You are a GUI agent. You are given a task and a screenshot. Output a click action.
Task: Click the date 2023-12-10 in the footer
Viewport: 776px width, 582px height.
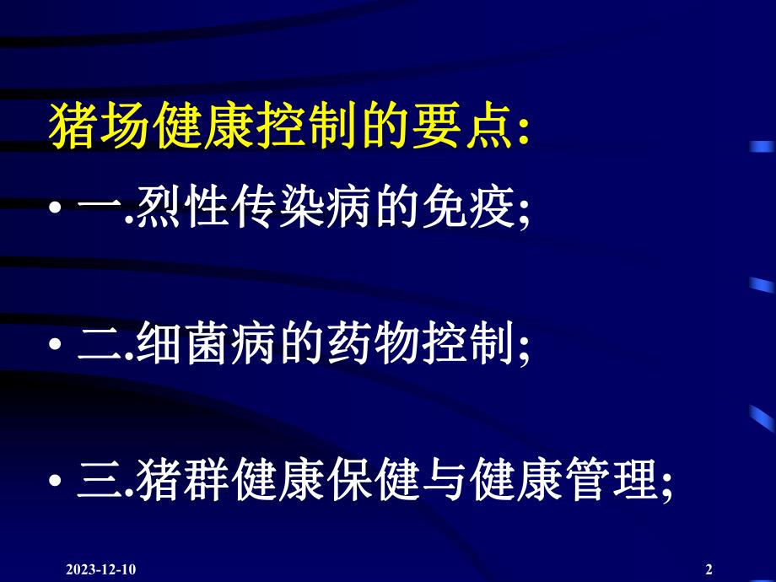tap(100, 569)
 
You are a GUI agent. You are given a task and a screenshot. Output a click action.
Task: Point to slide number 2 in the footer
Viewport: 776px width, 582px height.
tap(709, 569)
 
